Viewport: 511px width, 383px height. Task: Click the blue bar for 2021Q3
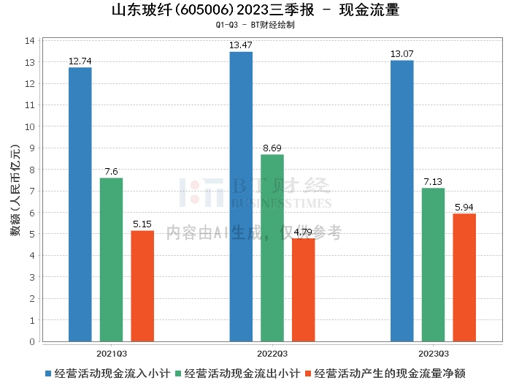(x=80, y=204)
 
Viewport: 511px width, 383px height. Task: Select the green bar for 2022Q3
(x=272, y=248)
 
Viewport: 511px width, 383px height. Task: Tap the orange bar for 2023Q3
(x=464, y=277)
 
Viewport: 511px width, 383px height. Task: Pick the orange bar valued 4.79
(x=304, y=289)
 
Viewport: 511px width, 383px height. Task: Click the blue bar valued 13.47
(x=241, y=197)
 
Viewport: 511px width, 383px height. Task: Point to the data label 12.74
(x=80, y=61)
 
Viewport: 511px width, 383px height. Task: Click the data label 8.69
(x=272, y=148)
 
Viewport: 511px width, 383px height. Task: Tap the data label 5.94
(x=464, y=208)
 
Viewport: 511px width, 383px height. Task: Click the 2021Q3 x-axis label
(x=111, y=352)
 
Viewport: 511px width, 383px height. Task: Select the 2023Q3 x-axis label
(x=434, y=352)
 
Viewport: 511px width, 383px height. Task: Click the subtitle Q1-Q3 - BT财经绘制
(x=255, y=25)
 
